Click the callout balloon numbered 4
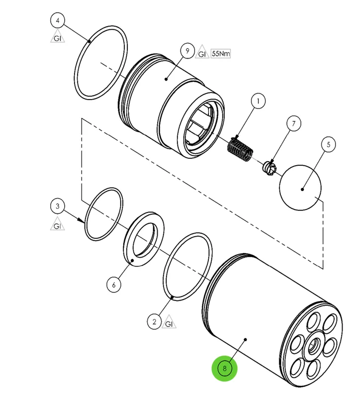58,20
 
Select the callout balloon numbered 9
187,51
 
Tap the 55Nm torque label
221,54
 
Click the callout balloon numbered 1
258,101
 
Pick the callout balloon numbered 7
293,123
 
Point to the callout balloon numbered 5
328,144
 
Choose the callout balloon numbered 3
58,206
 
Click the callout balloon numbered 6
114,285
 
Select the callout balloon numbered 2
154,322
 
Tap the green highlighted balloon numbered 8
225,368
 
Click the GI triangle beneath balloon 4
58,37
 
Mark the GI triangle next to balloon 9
202,52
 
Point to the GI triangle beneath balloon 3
58,224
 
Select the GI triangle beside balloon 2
169,322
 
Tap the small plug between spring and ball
269,169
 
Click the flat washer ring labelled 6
144,239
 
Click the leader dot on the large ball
302,189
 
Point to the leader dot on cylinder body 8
245,339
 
